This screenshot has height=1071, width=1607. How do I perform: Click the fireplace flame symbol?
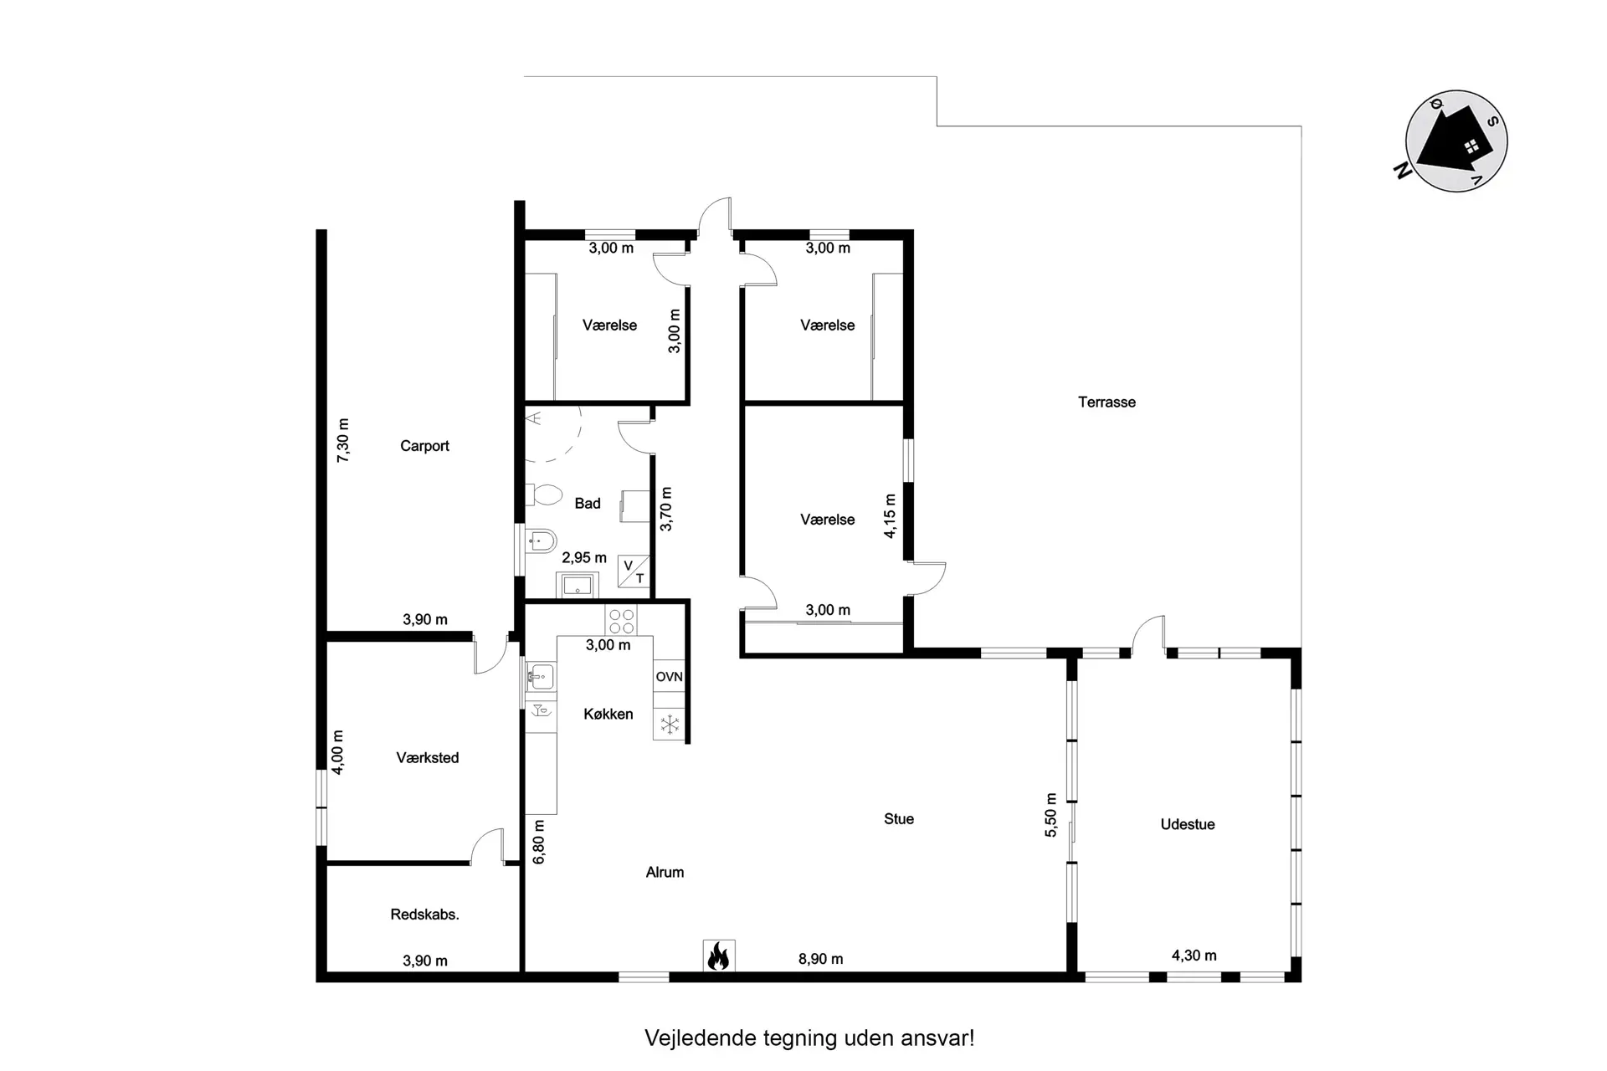click(x=719, y=956)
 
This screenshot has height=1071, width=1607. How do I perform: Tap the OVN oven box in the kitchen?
click(x=669, y=677)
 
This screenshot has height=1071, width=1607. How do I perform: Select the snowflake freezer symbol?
click(x=670, y=725)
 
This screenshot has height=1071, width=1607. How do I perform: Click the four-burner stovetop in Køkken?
click(x=621, y=621)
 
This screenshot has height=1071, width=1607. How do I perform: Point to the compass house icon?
click(x=1456, y=141)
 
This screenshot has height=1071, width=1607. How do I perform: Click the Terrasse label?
click(x=1106, y=402)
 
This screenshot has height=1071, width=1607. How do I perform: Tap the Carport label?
click(x=424, y=446)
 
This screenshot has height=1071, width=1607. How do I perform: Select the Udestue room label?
click(x=1187, y=824)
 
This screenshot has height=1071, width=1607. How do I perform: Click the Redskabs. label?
click(x=424, y=915)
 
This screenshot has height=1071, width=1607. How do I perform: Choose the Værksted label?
click(x=427, y=758)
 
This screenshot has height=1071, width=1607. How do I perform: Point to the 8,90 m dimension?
click(x=820, y=959)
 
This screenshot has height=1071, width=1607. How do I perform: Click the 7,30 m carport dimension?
click(x=343, y=440)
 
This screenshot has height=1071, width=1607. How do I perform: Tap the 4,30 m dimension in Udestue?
click(x=1194, y=956)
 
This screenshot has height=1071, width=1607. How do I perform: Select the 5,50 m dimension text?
click(x=1051, y=815)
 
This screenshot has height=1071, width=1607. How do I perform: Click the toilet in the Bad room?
click(x=545, y=495)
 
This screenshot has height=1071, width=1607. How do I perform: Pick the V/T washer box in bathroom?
click(x=634, y=571)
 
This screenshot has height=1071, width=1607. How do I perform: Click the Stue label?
click(x=898, y=819)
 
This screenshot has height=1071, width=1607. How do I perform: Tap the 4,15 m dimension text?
click(x=890, y=515)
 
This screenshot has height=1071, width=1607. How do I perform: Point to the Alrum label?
click(x=665, y=872)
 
